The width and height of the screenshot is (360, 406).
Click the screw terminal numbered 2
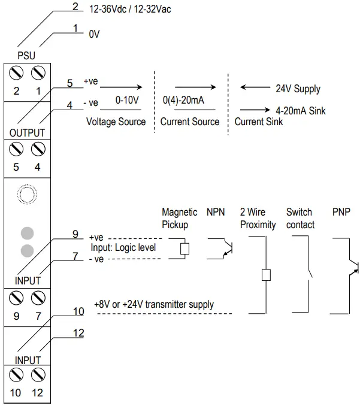tap(17, 73)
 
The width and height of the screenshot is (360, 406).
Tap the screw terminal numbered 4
tap(38, 149)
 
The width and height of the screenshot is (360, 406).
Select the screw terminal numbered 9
tap(17, 298)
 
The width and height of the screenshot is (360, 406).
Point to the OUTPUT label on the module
tap(27, 132)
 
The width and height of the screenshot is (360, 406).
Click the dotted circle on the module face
tap(27, 195)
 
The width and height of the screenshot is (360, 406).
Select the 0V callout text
tap(94, 35)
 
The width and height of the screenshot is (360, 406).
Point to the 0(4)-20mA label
tap(183, 101)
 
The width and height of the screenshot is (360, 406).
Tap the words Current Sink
tap(258, 122)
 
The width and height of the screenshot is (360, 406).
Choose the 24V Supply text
tap(298, 89)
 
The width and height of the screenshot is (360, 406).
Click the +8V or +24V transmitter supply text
tap(154, 304)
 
